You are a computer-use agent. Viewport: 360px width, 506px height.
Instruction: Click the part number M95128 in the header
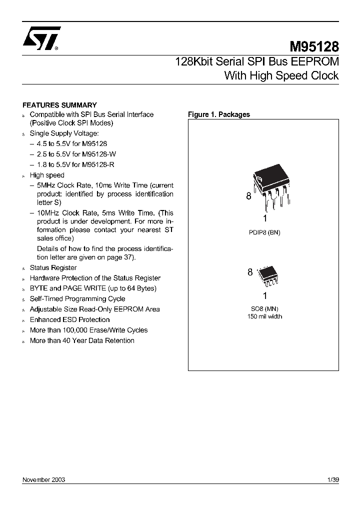[x=314, y=47]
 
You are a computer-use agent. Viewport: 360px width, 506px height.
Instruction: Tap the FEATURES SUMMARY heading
[x=59, y=105]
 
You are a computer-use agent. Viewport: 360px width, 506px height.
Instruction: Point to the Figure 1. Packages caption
[x=218, y=114]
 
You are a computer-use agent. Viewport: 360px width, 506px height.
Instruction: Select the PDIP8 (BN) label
[x=264, y=232]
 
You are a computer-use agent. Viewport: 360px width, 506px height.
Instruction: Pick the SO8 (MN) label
[x=264, y=309]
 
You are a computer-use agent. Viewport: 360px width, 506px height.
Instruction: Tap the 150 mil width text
[x=264, y=316]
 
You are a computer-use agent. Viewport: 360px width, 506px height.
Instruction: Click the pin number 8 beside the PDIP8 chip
[x=248, y=196]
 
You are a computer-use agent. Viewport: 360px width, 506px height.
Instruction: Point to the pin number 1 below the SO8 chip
[x=264, y=296]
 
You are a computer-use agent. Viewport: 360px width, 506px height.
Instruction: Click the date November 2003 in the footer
[x=44, y=479]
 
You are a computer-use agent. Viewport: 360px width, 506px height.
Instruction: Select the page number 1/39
[x=332, y=479]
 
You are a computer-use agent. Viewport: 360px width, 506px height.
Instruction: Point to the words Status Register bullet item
[x=53, y=267]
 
